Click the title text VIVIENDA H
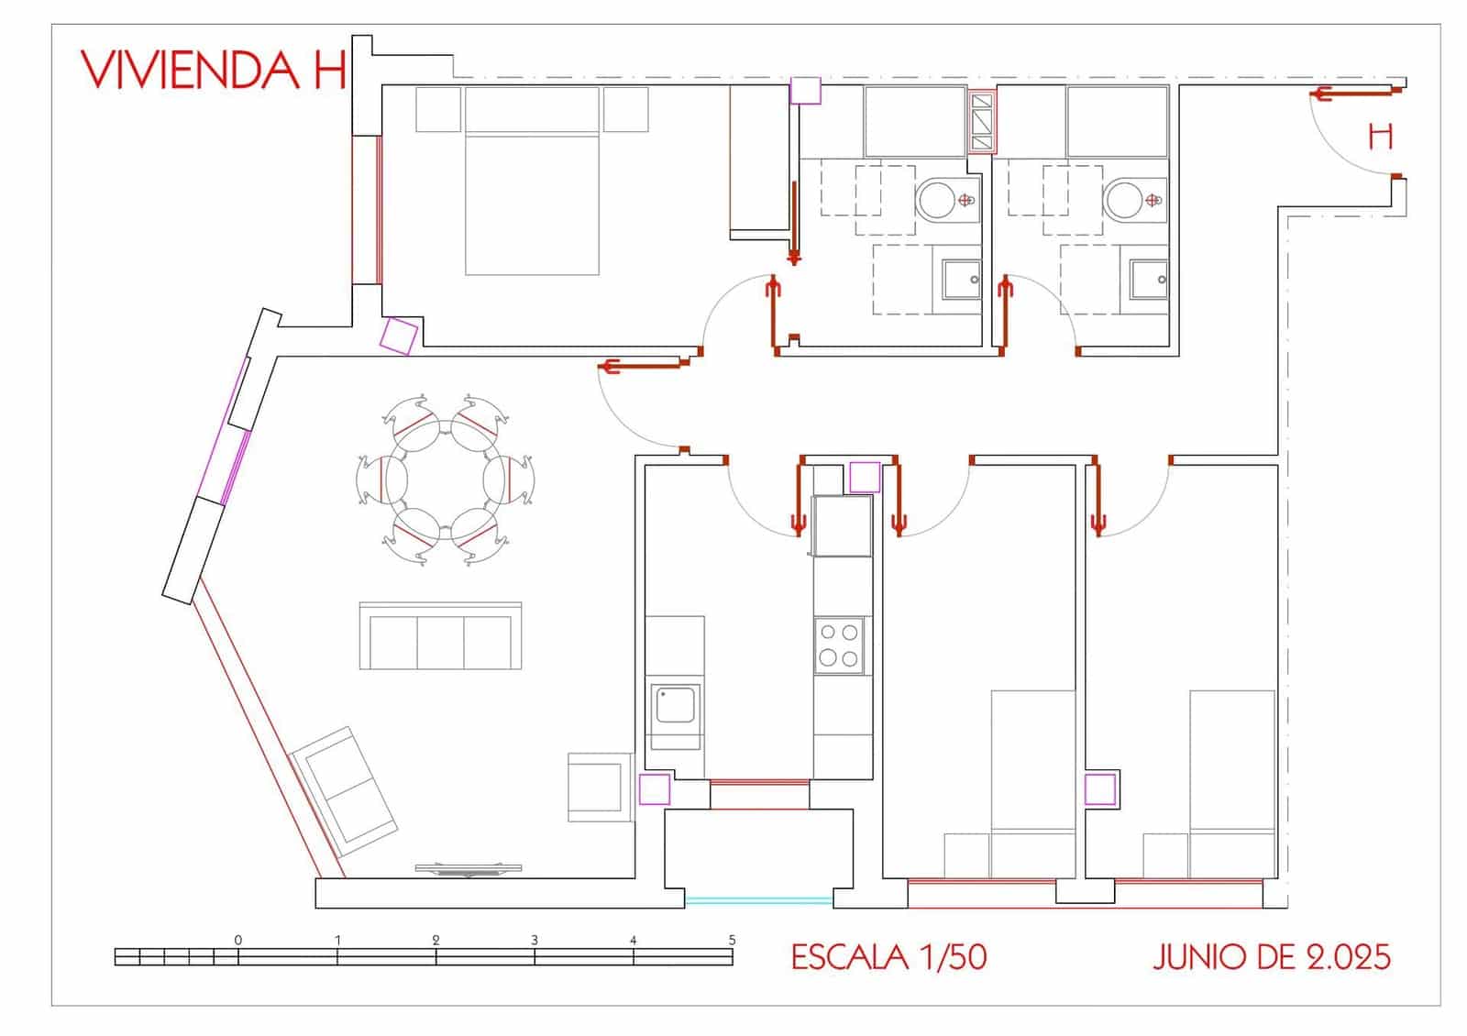click(x=214, y=70)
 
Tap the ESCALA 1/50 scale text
click(x=888, y=957)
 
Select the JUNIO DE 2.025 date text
click(x=1271, y=957)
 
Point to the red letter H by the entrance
click(x=1380, y=138)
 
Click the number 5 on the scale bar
click(x=732, y=940)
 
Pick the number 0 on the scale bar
click(x=238, y=940)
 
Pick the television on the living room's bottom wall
click(x=469, y=868)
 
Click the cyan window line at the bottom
click(x=758, y=900)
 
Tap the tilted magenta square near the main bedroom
click(x=400, y=336)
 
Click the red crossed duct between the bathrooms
click(x=981, y=121)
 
